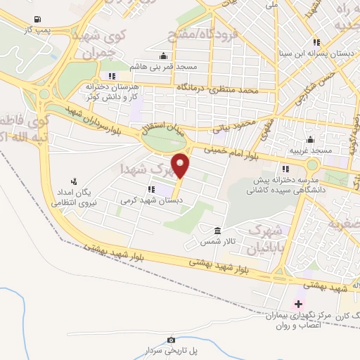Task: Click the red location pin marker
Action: click(x=181, y=165)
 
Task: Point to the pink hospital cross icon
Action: click(x=298, y=304)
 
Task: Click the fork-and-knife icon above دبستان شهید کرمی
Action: click(x=151, y=189)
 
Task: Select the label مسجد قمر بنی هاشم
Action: click(x=162, y=66)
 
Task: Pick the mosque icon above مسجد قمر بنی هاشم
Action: click(x=163, y=56)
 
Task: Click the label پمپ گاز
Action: click(x=35, y=32)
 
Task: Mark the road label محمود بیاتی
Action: click(x=232, y=127)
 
